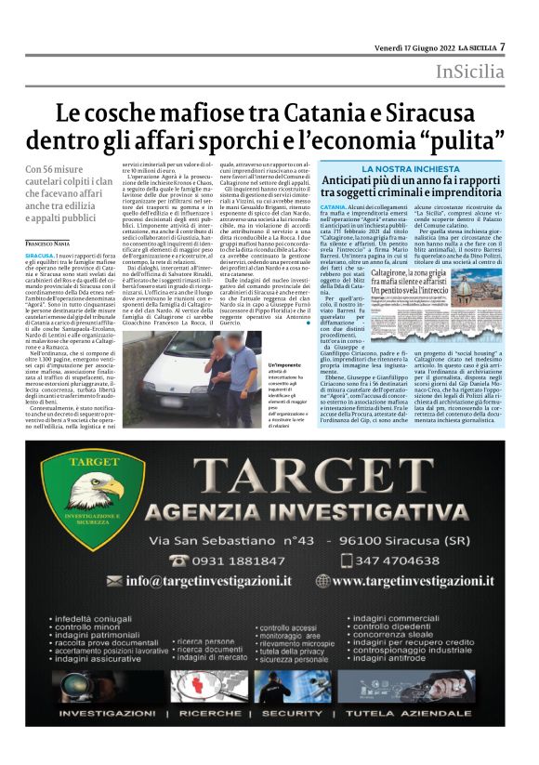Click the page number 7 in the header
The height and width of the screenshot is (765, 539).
pos(502,46)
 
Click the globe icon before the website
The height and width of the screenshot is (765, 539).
pos(322,581)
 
